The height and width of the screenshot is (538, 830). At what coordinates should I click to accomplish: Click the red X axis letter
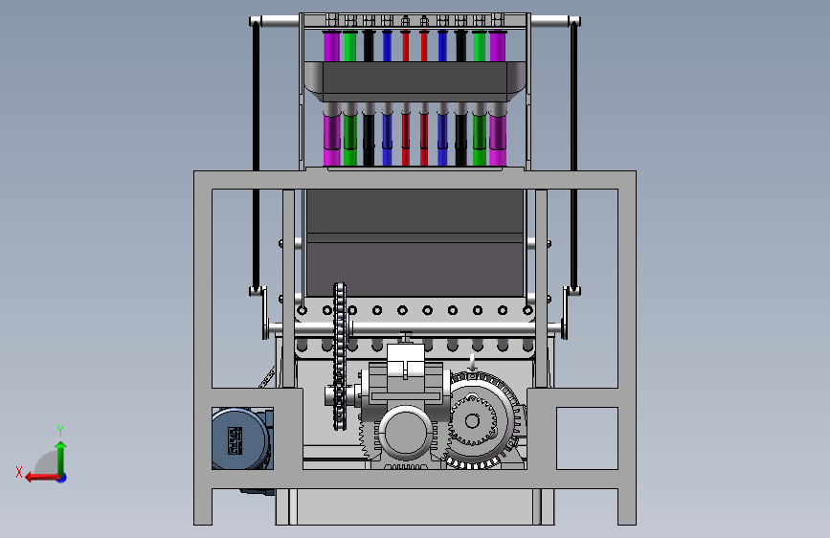pyautogui.click(x=19, y=472)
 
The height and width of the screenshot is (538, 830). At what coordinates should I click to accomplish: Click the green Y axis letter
pyautogui.click(x=60, y=430)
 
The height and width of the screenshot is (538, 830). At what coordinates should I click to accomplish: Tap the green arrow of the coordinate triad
pyautogui.click(x=61, y=458)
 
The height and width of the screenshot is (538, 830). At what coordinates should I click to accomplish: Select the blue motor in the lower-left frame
pyautogui.click(x=242, y=438)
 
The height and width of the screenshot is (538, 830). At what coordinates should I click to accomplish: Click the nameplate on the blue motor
pyautogui.click(x=235, y=440)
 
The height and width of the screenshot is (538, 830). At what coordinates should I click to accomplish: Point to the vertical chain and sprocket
pyautogui.click(x=339, y=356)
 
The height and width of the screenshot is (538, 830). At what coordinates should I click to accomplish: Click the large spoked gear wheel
pyautogui.click(x=482, y=421)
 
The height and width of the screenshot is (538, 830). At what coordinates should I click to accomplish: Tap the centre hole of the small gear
pyautogui.click(x=472, y=421)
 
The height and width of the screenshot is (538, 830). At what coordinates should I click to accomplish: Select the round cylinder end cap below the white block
pyautogui.click(x=406, y=433)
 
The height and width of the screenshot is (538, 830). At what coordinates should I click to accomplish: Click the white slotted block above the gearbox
pyautogui.click(x=406, y=361)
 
